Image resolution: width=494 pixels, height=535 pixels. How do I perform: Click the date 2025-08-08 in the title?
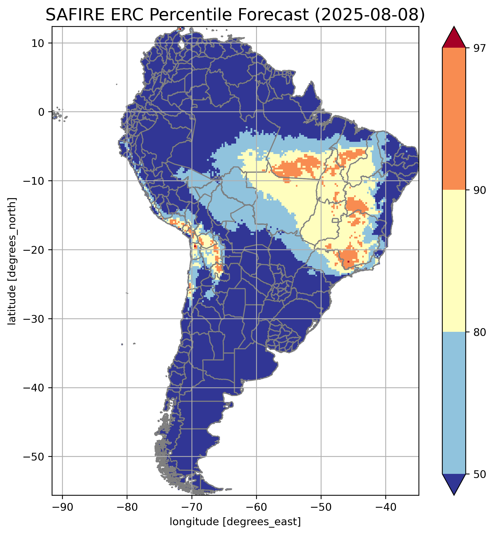click(369, 15)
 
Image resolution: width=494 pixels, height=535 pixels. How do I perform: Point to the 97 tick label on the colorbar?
click(479, 48)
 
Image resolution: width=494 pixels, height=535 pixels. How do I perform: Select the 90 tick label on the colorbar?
click(479, 190)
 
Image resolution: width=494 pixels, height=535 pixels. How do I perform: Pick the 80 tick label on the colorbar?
click(479, 332)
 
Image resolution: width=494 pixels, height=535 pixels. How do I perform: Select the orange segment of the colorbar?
click(454, 119)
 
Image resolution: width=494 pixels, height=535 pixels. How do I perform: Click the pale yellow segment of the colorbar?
click(454, 261)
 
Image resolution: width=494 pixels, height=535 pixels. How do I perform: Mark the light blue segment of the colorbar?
click(454, 403)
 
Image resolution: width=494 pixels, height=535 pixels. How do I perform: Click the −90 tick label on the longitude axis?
click(62, 506)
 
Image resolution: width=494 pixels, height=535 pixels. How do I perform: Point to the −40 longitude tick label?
click(385, 506)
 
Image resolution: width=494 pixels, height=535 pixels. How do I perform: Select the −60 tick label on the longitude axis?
click(256, 506)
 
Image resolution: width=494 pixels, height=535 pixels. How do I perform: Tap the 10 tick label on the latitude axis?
click(38, 43)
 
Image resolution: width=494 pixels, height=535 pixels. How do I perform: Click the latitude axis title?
click(12, 261)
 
